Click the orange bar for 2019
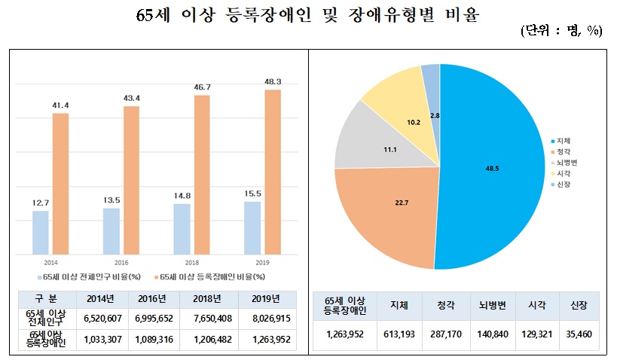[273, 172]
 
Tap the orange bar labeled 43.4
[131, 180]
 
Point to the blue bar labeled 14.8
[182, 229]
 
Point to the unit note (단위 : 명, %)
[560, 31]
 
